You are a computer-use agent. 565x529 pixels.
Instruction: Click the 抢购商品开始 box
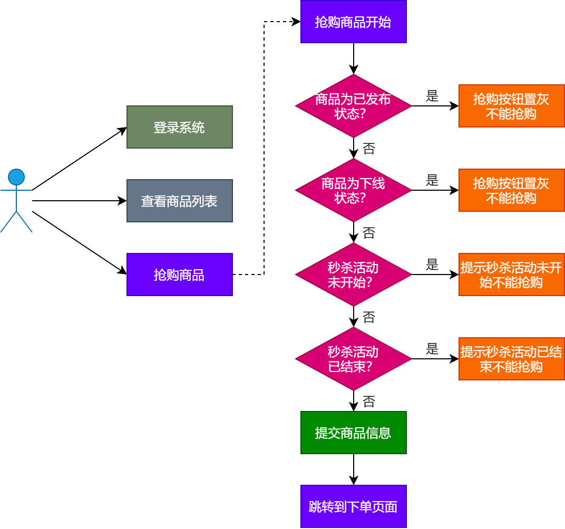353,22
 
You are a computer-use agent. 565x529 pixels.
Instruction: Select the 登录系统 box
179,127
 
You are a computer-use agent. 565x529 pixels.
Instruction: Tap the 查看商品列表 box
179,201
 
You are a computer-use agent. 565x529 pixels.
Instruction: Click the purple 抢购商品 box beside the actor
179,275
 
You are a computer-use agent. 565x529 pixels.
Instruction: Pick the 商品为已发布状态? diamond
353,106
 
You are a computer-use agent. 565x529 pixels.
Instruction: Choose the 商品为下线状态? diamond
353,190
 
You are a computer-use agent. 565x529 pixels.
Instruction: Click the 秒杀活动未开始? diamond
353,275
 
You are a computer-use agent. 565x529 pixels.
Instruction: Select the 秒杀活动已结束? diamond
353,359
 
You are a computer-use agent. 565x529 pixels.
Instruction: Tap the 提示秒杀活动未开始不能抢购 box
511,275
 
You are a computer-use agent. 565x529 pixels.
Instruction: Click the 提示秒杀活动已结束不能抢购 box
511,359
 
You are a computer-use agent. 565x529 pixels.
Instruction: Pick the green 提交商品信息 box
353,433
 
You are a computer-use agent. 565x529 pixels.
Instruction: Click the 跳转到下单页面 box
353,506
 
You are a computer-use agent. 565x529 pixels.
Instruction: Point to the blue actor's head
16,177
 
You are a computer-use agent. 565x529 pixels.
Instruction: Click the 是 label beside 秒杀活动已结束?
432,349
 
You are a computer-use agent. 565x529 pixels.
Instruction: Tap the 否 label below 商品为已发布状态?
369,149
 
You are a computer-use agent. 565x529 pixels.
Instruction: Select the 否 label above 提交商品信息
369,401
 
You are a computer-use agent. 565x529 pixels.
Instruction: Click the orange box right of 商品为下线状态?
511,190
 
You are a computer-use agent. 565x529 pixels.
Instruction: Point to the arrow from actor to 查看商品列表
79,201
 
